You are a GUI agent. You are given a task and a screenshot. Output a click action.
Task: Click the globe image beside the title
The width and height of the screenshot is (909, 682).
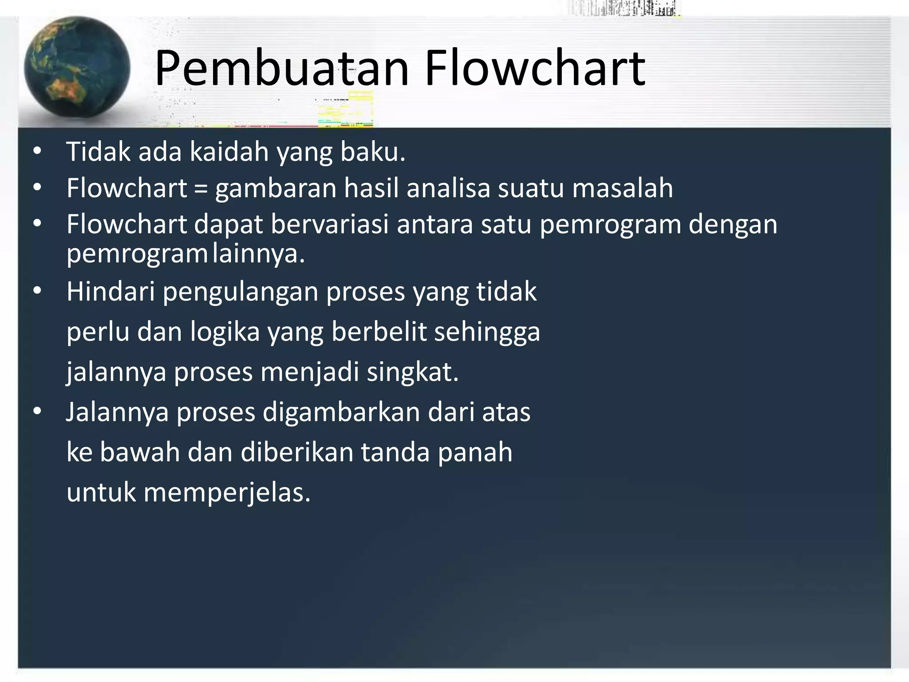pos(77,67)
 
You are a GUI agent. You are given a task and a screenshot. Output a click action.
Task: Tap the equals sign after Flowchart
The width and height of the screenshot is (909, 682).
pos(201,188)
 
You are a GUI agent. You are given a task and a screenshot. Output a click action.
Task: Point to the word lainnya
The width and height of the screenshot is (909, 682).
pos(259,254)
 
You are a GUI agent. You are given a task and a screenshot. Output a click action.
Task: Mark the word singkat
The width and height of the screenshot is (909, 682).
pos(412,373)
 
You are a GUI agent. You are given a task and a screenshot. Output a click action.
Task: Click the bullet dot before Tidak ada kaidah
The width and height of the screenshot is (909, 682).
pos(37,151)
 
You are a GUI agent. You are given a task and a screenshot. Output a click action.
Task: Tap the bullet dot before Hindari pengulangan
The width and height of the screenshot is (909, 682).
pos(37,291)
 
